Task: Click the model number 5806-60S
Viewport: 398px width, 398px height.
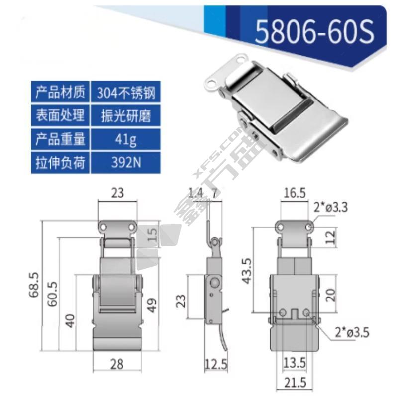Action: click(314, 32)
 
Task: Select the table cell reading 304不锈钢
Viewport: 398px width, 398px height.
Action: click(126, 92)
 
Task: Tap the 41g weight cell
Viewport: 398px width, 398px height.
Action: click(126, 139)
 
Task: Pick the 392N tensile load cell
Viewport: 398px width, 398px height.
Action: click(126, 163)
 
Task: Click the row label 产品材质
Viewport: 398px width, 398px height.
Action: click(60, 92)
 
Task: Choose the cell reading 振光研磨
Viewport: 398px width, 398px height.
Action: click(126, 116)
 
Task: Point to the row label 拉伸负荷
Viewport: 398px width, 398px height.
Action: click(60, 163)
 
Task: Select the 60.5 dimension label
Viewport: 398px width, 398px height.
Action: click(52, 294)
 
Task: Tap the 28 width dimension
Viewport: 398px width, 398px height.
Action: click(117, 364)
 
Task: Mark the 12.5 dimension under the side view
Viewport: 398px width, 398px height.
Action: click(216, 365)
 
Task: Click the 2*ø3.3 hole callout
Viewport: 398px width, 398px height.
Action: click(330, 207)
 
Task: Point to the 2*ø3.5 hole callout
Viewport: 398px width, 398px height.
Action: click(352, 332)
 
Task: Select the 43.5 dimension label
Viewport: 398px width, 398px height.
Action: click(247, 271)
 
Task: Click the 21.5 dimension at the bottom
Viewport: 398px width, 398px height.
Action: click(295, 383)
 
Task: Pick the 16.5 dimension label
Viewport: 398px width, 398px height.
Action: click(295, 193)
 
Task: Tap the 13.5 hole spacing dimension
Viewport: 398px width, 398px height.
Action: click(295, 363)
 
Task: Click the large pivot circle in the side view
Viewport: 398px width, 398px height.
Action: click(215, 282)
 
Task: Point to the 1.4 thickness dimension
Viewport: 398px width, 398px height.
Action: click(196, 193)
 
